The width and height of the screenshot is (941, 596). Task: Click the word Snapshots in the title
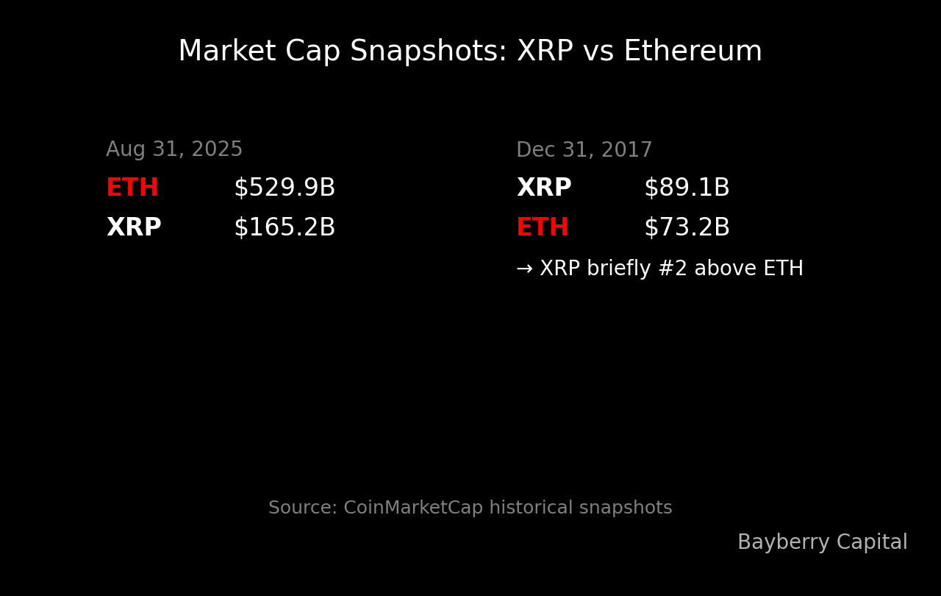[428, 52]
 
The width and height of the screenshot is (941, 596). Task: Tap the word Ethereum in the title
[693, 52]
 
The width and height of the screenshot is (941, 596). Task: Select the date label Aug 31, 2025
[174, 150]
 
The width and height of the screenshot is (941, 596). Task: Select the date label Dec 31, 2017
[584, 151]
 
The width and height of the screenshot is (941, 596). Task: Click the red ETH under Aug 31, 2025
[132, 188]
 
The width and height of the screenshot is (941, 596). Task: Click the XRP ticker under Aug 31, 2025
[134, 228]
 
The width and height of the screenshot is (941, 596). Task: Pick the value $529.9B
[285, 188]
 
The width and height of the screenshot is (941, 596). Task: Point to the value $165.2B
[285, 228]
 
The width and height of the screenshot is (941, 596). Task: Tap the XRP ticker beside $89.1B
[544, 188]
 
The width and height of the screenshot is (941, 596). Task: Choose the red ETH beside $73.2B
[543, 228]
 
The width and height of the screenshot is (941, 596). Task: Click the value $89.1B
[687, 188]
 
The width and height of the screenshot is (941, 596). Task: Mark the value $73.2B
[687, 228]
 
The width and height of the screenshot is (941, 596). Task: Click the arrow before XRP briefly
[524, 269]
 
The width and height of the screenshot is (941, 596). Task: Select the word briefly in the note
[618, 269]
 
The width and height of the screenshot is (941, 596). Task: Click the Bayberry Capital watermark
[822, 543]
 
